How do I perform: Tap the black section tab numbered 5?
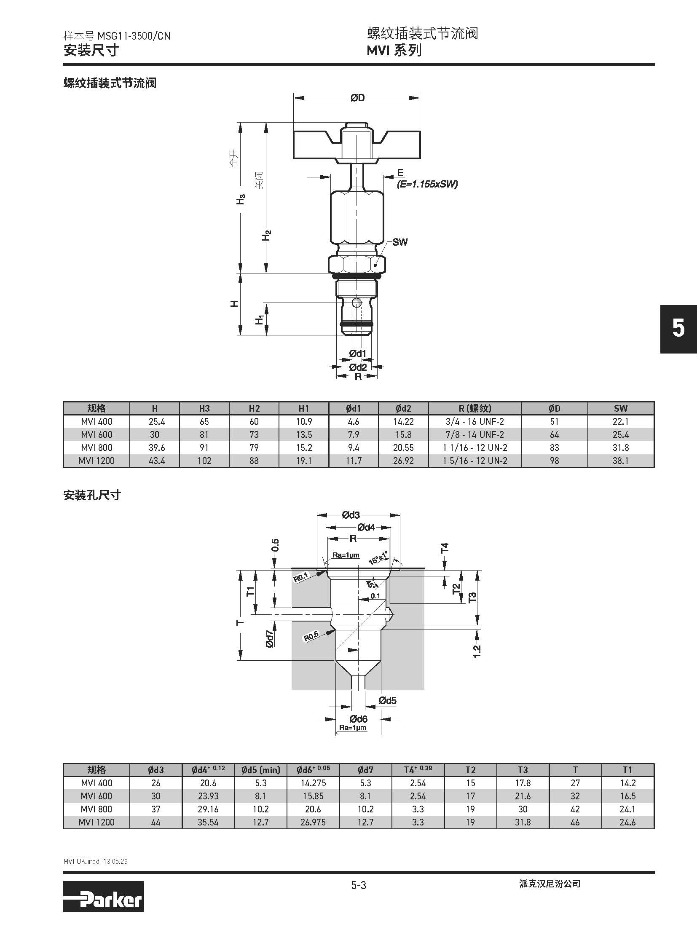(x=678, y=329)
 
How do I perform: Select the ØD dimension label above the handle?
(x=357, y=98)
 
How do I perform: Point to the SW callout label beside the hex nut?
(x=400, y=242)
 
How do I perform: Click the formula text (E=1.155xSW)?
(x=427, y=184)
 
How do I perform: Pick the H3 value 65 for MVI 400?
(x=204, y=421)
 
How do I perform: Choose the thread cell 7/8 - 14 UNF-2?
(x=474, y=434)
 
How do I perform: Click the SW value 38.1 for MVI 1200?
(x=620, y=461)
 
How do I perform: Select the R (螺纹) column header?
(x=474, y=408)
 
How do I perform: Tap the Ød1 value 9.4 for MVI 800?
(x=354, y=447)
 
